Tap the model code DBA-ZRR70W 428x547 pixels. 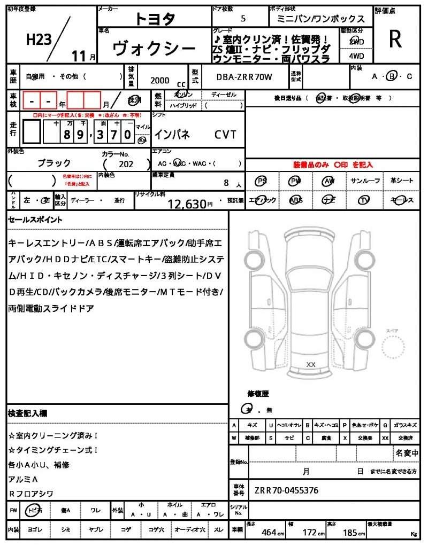tap(244, 77)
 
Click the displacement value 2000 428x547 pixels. tap(160, 80)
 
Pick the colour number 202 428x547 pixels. tap(126, 165)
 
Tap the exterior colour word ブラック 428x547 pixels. tap(54, 163)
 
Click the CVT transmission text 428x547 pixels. tap(225, 135)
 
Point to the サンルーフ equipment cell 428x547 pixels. tap(365, 181)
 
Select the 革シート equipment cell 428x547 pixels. tap(402, 181)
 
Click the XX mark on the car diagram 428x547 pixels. tap(310, 364)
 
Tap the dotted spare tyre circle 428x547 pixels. tap(395, 350)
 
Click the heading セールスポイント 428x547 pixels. tap(35, 220)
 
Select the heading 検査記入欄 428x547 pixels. tap(27, 413)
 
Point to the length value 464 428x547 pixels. tap(269, 532)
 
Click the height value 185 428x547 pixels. tap(350, 532)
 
